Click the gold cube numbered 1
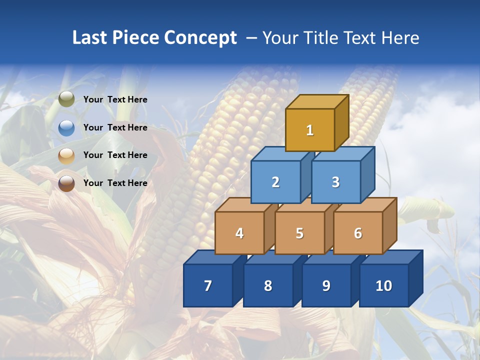point(310,130)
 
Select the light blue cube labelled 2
point(275,182)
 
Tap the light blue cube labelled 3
point(335,182)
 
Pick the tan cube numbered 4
point(239,233)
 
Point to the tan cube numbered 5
point(299,233)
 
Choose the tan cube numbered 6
point(358,233)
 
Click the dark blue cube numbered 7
point(208,285)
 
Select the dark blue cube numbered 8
point(268,285)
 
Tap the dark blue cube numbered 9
point(326,285)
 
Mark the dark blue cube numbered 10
point(383,285)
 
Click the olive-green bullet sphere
point(66,99)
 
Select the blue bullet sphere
point(66,127)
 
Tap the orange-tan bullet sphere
point(66,155)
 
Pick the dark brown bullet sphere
point(66,183)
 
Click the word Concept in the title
point(200,38)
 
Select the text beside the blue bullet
point(115,127)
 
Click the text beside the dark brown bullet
point(115,183)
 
